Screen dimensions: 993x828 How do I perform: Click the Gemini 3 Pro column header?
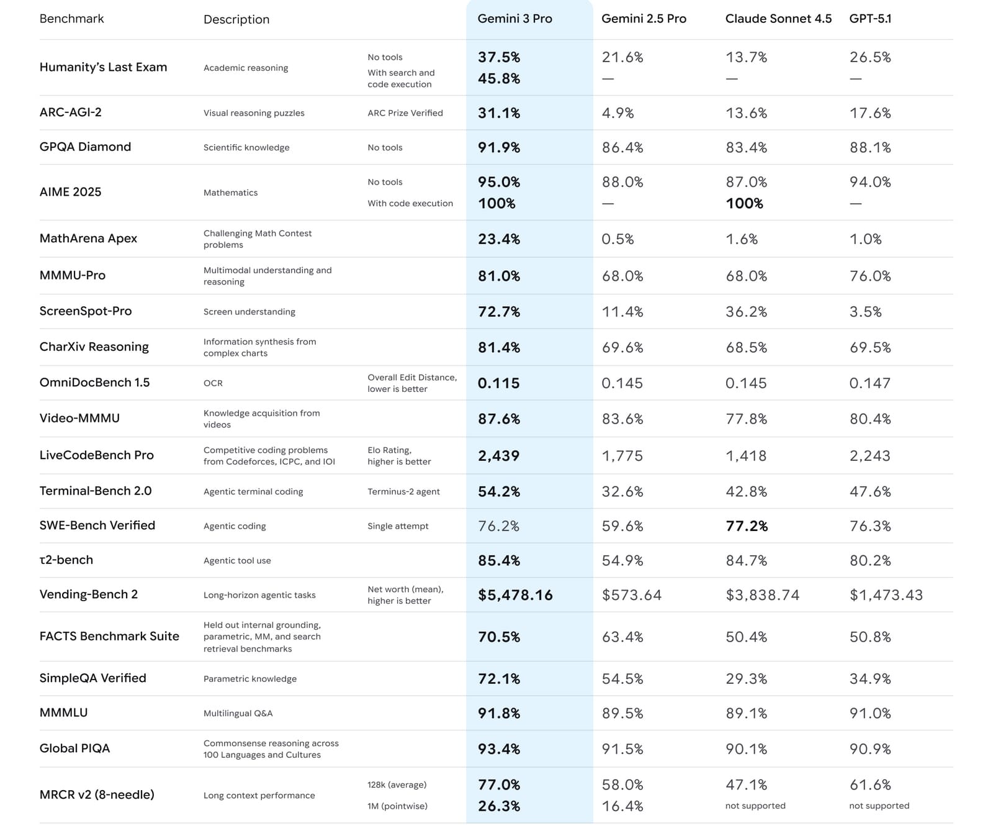coord(514,19)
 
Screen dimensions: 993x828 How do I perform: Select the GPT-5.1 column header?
coord(870,19)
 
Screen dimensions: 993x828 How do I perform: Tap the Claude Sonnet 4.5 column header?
coord(778,19)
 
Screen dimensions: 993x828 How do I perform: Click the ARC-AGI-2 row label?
coord(70,112)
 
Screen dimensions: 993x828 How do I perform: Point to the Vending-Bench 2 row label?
coord(88,594)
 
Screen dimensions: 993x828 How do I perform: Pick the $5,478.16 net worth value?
coord(515,595)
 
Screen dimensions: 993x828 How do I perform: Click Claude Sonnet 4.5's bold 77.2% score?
coord(747,526)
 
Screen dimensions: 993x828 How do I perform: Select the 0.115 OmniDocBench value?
coord(499,383)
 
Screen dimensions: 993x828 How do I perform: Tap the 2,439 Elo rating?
coord(498,456)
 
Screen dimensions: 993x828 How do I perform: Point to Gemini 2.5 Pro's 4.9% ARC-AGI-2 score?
coord(618,113)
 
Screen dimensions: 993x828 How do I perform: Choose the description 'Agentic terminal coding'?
coord(253,492)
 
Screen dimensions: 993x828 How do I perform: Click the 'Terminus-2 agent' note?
coord(403,492)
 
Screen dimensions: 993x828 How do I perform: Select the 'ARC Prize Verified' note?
coord(405,113)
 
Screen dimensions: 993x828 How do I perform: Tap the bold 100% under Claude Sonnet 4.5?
coord(744,204)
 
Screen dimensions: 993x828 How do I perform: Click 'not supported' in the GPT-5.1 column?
coord(879,806)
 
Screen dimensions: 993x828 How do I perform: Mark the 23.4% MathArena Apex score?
coord(499,239)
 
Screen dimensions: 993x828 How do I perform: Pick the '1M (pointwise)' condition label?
coord(397,806)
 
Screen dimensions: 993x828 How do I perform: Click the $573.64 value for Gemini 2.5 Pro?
coord(632,595)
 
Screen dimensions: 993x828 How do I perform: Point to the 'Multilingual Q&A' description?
coord(238,713)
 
